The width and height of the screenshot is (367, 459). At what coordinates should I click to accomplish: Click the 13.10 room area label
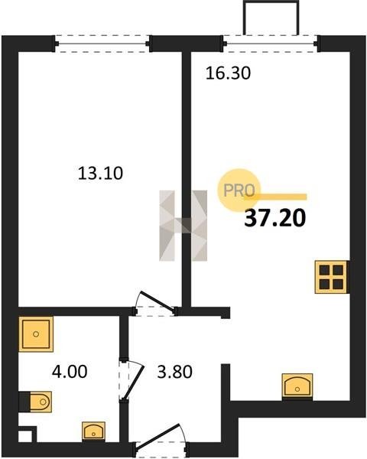100,173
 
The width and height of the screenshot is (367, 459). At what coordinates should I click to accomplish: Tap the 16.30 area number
228,73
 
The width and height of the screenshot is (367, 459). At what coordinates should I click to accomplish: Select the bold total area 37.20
274,218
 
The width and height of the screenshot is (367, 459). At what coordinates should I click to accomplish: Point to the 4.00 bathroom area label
70,372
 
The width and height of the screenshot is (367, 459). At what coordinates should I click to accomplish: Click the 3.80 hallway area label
175,372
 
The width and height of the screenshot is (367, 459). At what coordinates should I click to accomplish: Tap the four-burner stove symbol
331,277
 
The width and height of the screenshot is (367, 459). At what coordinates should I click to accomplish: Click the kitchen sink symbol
297,386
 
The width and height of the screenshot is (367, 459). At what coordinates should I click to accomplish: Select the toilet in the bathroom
36,402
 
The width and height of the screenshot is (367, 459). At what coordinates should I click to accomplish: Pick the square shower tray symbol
36,334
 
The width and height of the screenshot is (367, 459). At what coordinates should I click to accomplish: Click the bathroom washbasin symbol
93,431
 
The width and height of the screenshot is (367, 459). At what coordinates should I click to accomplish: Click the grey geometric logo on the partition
183,226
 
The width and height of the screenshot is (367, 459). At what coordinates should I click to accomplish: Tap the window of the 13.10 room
102,44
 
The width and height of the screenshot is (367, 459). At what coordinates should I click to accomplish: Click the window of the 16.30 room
271,44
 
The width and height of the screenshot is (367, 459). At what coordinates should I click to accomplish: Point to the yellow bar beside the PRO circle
280,197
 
